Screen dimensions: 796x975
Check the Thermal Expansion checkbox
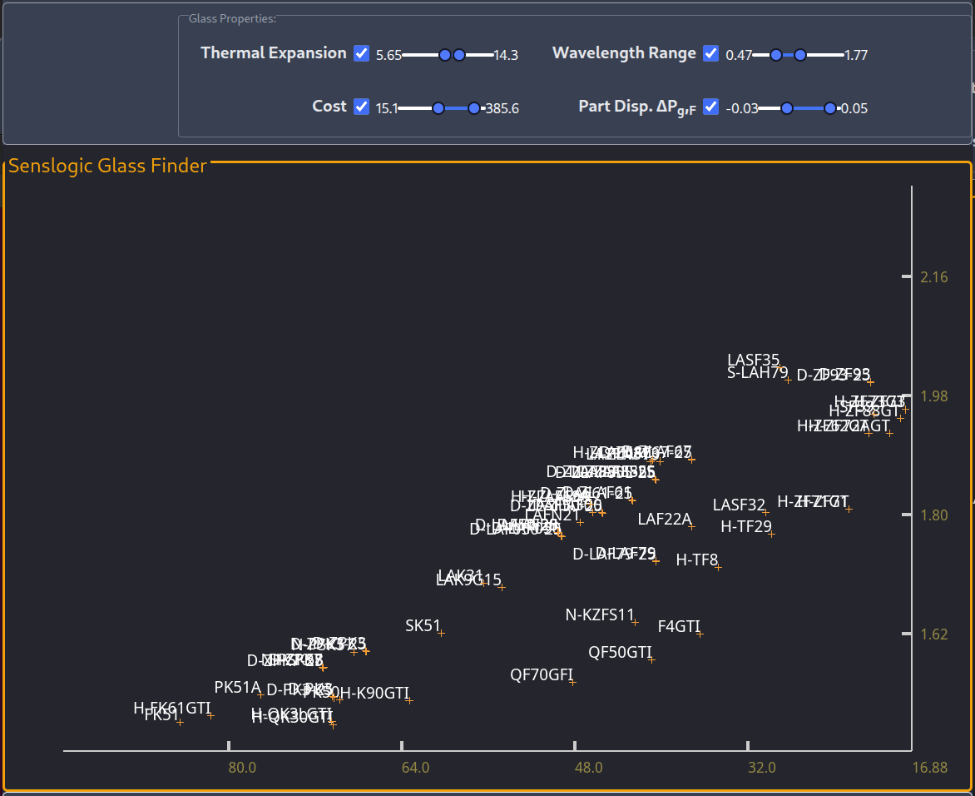click(x=361, y=53)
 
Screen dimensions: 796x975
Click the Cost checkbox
click(x=361, y=107)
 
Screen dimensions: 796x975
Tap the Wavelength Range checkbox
click(x=710, y=53)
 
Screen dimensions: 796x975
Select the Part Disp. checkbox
click(x=710, y=107)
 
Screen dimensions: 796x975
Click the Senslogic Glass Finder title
click(x=107, y=166)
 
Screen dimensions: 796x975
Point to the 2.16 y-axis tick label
click(x=934, y=277)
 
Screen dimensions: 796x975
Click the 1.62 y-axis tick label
click(x=934, y=634)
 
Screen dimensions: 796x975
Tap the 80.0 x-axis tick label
click(x=242, y=767)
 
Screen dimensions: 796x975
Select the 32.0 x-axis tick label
click(x=761, y=767)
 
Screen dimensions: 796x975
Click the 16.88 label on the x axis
click(x=929, y=767)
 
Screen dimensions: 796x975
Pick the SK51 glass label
click(x=423, y=625)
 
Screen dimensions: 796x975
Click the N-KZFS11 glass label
click(x=599, y=615)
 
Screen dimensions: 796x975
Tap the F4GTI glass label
click(x=679, y=626)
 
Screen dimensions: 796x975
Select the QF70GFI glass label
click(x=542, y=674)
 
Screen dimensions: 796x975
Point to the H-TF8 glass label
click(x=696, y=560)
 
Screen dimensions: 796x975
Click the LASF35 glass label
click(x=753, y=361)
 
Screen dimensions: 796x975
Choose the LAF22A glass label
click(x=665, y=520)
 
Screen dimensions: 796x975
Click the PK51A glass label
click(x=237, y=688)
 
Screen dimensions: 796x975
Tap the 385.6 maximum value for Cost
click(x=502, y=108)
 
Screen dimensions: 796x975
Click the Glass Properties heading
click(x=232, y=18)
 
